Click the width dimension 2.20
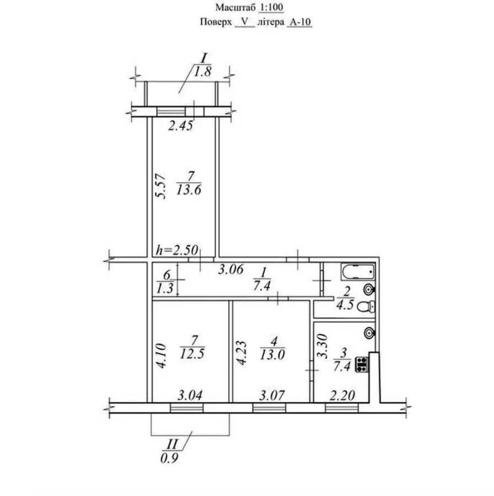[x=342, y=395]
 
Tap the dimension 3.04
[x=189, y=395]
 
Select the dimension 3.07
[x=271, y=395]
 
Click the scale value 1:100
[x=270, y=8]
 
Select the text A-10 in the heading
[x=300, y=23]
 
